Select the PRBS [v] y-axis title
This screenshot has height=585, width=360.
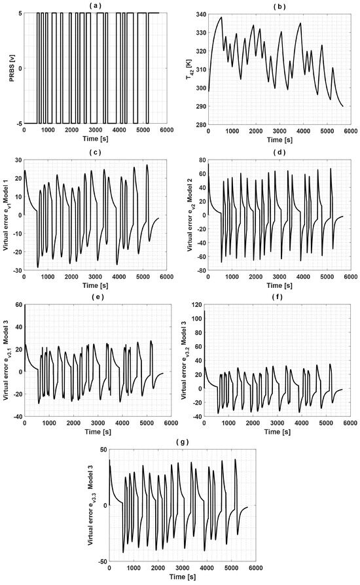coord(7,68)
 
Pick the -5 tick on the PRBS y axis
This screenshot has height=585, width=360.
coord(18,124)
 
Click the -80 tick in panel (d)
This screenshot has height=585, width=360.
coord(197,270)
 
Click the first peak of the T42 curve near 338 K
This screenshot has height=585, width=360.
coord(221,17)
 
